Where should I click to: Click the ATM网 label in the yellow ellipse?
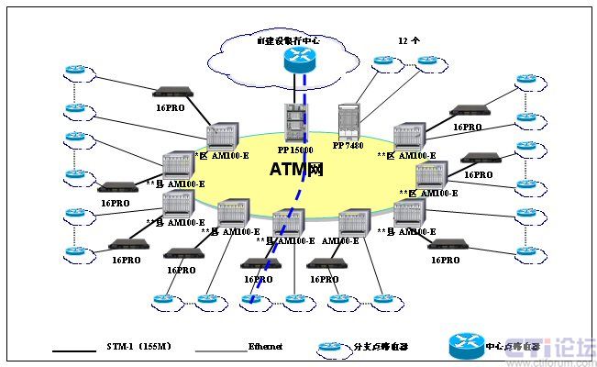(298, 170)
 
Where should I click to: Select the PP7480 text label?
(349, 145)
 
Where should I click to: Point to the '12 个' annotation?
(409, 41)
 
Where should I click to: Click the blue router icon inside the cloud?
(298, 60)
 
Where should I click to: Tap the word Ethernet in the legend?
(265, 348)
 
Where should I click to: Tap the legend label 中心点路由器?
(506, 348)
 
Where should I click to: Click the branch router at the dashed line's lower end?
(252, 298)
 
